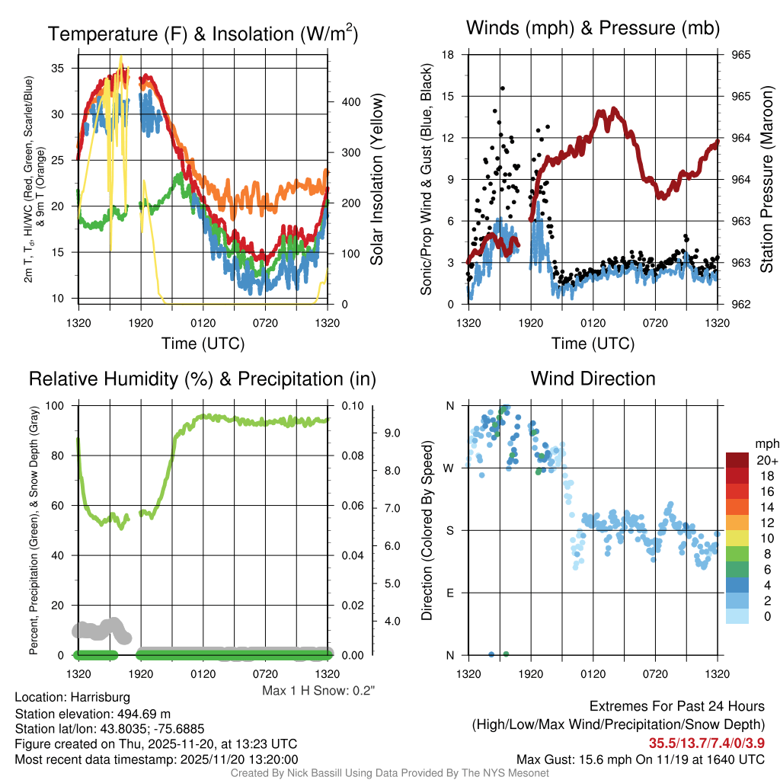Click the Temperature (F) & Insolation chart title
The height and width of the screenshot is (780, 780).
(x=203, y=34)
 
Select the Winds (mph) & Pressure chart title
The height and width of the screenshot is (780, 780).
(x=593, y=28)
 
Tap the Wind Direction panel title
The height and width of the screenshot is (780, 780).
(x=593, y=379)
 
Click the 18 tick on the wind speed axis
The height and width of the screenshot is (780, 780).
(x=448, y=55)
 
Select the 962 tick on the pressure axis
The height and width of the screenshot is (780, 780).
(x=741, y=305)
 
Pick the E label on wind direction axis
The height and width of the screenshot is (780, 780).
(x=450, y=593)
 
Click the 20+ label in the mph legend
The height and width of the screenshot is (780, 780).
(x=766, y=461)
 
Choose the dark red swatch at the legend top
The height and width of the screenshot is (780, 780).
(x=737, y=460)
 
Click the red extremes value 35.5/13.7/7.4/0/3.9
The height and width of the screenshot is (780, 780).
(x=706, y=743)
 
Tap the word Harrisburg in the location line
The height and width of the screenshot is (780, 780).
(x=100, y=697)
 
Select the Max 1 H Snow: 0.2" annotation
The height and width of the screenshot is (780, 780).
(x=319, y=690)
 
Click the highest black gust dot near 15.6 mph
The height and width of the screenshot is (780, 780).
(x=503, y=88)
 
